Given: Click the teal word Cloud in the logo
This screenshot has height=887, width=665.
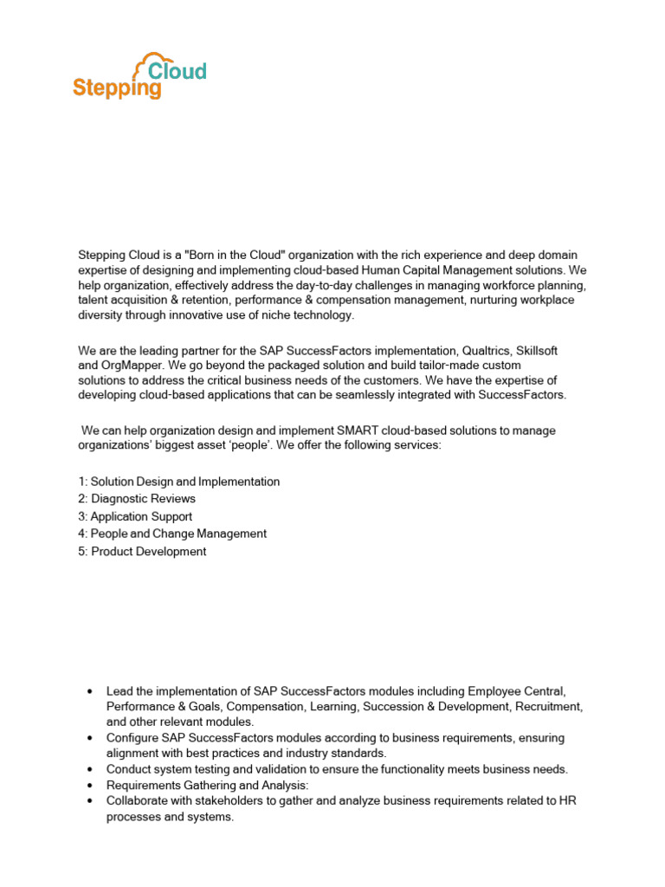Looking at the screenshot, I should (x=178, y=70).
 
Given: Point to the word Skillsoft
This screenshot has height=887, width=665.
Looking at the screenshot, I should (x=537, y=350).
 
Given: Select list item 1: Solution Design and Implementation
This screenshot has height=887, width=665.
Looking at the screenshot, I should (x=178, y=482).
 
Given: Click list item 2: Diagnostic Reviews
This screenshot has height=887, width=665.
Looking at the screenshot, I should (x=137, y=499).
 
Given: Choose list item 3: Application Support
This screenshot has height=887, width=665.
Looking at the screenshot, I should (x=134, y=516).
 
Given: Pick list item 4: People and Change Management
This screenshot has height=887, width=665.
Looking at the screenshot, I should (x=171, y=534).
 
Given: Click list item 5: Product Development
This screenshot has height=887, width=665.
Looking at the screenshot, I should (x=142, y=551).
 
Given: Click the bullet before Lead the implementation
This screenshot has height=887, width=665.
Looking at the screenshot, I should (x=91, y=691).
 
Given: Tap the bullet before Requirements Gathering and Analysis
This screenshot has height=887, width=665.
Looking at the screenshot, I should (x=91, y=785).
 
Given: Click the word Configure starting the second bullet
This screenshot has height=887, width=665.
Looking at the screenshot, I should (x=132, y=738).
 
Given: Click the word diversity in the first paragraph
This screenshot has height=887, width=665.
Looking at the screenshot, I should (x=102, y=315).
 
